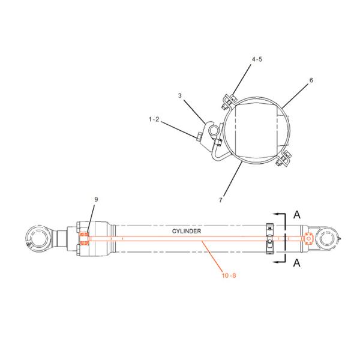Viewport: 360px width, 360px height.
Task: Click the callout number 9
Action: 95,199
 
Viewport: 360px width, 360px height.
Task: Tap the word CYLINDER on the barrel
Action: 187,230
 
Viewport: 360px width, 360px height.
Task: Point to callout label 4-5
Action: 257,59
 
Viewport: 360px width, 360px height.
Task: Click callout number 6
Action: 311,80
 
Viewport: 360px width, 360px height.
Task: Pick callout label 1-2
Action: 154,120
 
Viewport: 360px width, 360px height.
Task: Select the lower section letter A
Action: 296,263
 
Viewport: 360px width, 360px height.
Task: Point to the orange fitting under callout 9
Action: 85,239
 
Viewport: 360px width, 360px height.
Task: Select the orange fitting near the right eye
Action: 309,238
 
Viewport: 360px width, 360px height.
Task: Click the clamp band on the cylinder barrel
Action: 270,238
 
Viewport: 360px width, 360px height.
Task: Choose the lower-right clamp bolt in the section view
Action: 282,160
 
